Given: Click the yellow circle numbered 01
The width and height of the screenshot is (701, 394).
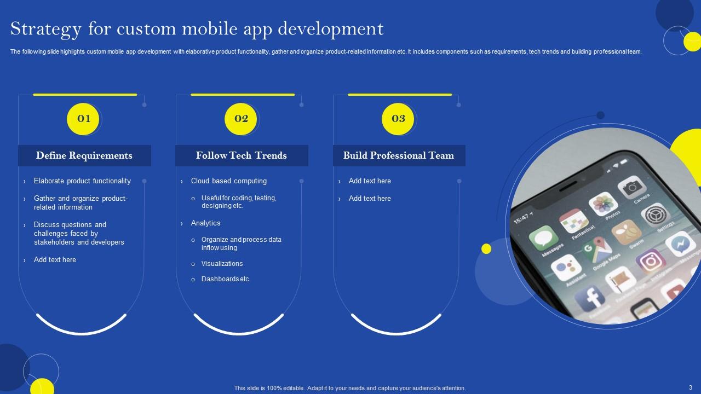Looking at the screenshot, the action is [x=83, y=119].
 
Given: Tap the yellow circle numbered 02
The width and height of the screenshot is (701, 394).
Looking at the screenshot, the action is [x=240, y=119].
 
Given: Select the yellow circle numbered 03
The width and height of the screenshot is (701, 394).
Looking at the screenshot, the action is [x=398, y=119].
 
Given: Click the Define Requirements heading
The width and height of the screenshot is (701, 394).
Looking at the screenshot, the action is [x=84, y=155].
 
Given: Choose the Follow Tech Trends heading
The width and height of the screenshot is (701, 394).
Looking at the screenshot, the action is [x=242, y=155].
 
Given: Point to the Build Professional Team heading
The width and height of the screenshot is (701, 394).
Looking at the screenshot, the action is [x=398, y=155].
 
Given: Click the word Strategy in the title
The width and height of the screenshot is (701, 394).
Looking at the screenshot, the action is [x=45, y=30].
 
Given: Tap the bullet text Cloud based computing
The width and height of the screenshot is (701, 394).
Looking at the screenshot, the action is [x=229, y=181].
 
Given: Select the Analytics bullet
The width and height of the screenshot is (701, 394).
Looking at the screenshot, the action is [x=205, y=223].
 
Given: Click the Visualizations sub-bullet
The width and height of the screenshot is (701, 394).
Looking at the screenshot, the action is [x=222, y=264].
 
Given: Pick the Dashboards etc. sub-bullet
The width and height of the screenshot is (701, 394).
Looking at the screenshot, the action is [x=226, y=279].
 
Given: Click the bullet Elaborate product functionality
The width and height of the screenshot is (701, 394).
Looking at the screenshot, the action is [x=82, y=181].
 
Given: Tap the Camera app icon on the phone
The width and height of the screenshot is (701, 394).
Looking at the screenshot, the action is [x=632, y=187].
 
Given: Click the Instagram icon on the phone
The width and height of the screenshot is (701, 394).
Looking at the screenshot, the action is [x=651, y=261].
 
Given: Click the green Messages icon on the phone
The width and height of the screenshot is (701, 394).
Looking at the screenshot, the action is [x=544, y=237].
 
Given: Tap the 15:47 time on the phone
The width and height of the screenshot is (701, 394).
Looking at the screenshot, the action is [x=521, y=218].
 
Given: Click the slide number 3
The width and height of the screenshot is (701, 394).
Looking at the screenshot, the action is [x=691, y=387].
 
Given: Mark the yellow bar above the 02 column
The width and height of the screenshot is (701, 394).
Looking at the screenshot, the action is [x=243, y=95].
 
